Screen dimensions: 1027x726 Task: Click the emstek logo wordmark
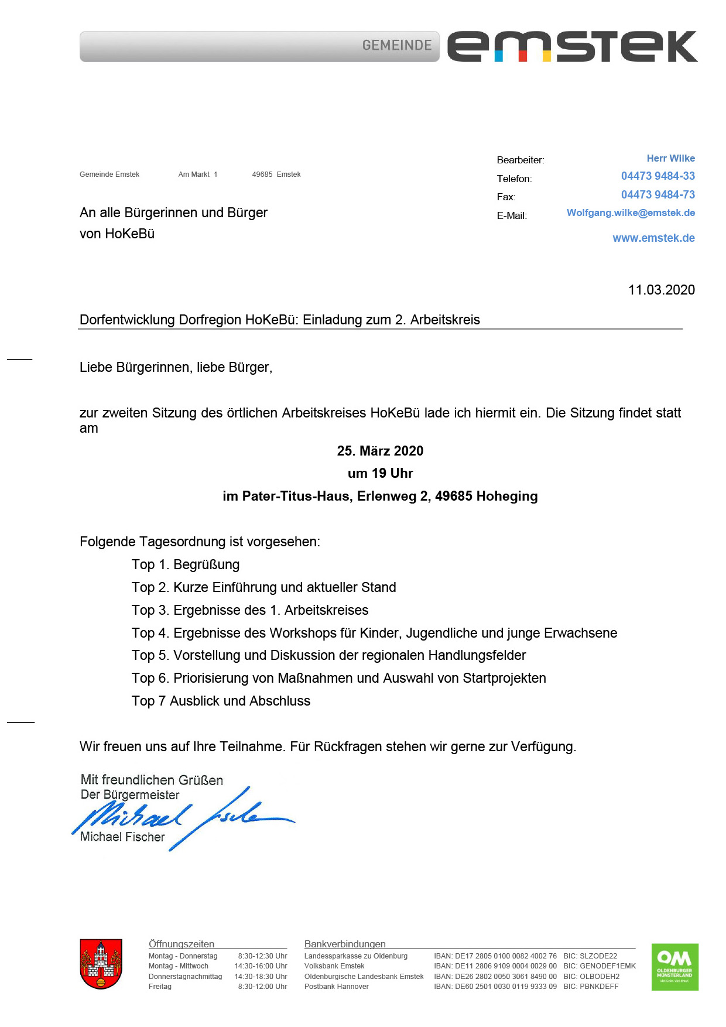pos(572,47)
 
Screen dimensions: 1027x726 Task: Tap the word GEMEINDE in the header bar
pos(397,46)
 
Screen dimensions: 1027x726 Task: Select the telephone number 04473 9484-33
pos(657,176)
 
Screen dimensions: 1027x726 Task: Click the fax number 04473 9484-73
pos(657,195)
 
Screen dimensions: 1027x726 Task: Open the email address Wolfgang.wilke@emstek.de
pos(631,213)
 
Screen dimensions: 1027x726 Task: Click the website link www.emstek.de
pos(653,238)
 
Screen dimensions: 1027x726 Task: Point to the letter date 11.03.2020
pos(661,290)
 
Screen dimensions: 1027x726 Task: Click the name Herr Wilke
pos(670,159)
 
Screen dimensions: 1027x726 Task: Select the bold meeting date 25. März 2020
pos(380,451)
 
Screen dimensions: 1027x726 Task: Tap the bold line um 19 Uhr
pos(380,474)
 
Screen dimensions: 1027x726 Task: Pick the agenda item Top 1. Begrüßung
pos(186,565)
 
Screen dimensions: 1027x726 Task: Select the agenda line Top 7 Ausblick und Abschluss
pos(221,701)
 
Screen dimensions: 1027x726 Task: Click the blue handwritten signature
pos(181,817)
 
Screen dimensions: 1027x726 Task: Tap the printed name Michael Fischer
pos(122,837)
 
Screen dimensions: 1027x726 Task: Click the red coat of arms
pos(101,964)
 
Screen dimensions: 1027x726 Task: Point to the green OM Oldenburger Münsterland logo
pos(674,967)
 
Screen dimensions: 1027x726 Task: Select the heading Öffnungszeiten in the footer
pos(181,944)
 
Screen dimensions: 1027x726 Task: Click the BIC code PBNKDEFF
pos(599,987)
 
